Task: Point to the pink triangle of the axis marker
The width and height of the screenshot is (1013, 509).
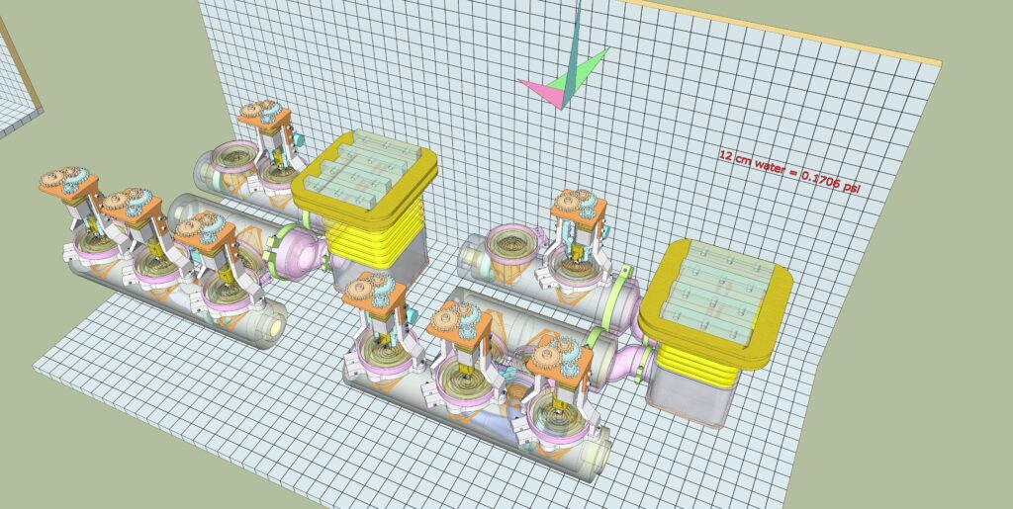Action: click(540, 90)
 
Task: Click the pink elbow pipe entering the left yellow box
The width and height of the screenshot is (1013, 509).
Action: click(305, 248)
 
